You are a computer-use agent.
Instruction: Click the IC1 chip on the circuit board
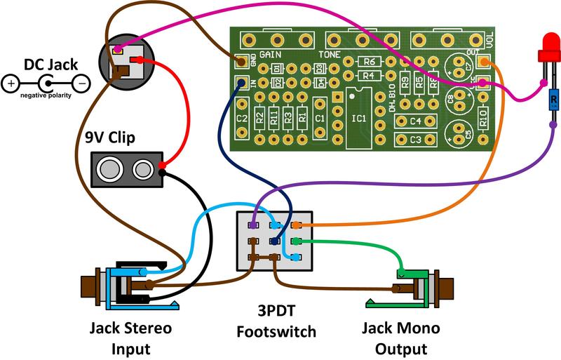click(359, 118)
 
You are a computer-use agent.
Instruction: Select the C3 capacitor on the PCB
click(416, 140)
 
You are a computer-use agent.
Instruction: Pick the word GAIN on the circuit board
click(271, 54)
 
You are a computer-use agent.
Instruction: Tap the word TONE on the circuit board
click(330, 54)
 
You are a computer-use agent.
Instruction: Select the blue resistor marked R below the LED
click(553, 100)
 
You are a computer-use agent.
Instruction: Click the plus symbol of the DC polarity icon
click(11, 84)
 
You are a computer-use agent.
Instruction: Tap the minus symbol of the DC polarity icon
click(81, 84)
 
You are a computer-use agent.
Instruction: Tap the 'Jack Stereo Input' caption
click(130, 338)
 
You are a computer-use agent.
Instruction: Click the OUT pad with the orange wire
click(482, 62)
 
